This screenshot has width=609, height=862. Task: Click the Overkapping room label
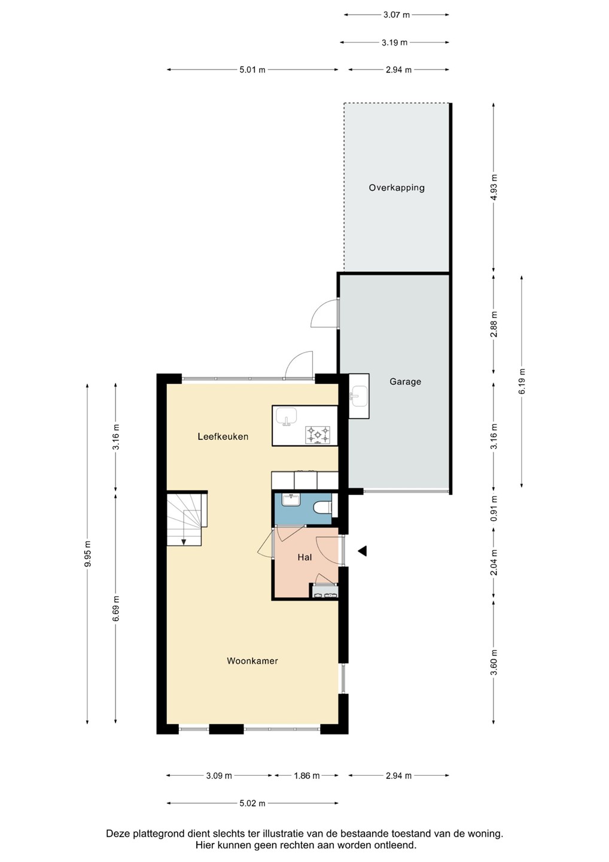[x=397, y=188]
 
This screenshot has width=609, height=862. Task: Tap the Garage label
[x=405, y=381]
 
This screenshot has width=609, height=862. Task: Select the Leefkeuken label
[x=223, y=436]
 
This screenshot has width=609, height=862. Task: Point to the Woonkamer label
[x=252, y=661]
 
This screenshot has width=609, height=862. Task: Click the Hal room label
[x=304, y=557]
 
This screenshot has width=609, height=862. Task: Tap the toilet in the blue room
[x=322, y=508]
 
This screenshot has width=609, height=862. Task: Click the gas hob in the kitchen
[x=318, y=435]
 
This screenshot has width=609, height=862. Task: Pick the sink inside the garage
[x=358, y=396]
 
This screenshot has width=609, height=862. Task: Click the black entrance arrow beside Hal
[x=363, y=551]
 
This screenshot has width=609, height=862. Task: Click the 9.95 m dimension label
[x=88, y=553]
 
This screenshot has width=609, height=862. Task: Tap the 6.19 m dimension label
[x=522, y=381]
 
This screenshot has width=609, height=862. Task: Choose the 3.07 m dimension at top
[x=397, y=15]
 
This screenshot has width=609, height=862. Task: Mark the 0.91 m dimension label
[x=494, y=508]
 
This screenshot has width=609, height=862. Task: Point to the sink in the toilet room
[x=292, y=500]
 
